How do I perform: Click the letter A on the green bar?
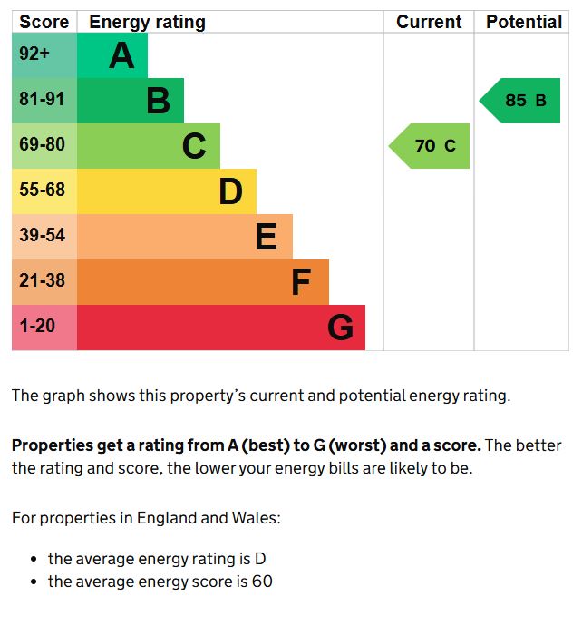(121, 56)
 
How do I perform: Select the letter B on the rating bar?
(158, 101)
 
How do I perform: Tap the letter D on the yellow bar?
(230, 191)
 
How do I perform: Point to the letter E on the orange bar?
(266, 237)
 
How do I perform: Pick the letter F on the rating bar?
(301, 282)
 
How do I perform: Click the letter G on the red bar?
(340, 328)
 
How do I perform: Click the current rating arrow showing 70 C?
(432, 146)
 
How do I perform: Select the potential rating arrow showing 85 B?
(522, 101)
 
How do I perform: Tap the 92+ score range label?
(34, 54)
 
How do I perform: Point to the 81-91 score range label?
(42, 100)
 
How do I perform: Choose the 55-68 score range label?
(42, 191)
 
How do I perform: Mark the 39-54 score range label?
(42, 236)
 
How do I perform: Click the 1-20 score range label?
(37, 326)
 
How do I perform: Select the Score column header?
(44, 22)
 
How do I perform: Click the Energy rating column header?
(147, 22)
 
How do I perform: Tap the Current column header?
(429, 22)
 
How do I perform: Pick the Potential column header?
(524, 22)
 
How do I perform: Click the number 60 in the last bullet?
(262, 582)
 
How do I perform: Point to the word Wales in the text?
(257, 518)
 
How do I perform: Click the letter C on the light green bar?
(194, 146)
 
